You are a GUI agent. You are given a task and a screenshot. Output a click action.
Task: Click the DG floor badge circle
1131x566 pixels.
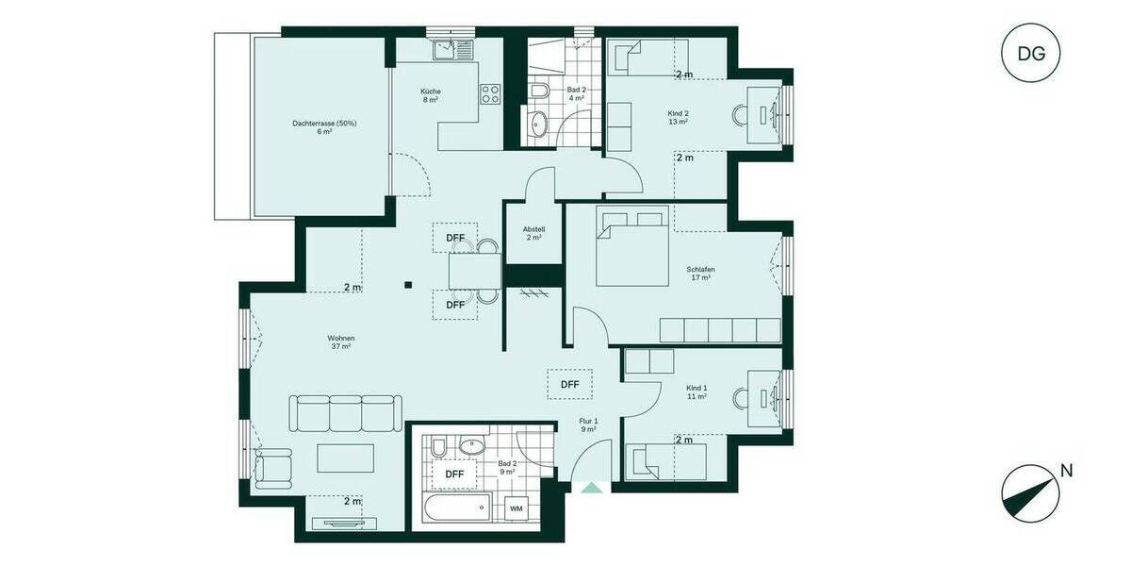click(x=1031, y=53)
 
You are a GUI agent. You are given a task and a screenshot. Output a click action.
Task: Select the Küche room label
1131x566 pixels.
click(x=431, y=95)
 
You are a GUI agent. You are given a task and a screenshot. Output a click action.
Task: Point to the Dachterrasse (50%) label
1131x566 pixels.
click(x=324, y=127)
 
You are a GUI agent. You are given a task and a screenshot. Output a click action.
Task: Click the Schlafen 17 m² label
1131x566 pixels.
click(x=700, y=274)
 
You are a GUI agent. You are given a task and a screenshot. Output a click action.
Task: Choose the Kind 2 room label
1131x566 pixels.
click(x=678, y=117)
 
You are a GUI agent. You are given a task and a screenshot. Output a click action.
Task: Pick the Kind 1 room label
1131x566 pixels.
click(x=697, y=392)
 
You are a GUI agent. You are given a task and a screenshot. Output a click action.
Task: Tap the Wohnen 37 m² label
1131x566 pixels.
click(x=340, y=342)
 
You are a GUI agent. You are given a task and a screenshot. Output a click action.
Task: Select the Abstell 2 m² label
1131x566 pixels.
click(x=534, y=233)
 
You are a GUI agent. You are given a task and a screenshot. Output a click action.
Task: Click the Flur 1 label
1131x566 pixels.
click(x=588, y=424)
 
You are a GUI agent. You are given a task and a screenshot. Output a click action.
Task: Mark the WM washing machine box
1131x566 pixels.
click(x=516, y=508)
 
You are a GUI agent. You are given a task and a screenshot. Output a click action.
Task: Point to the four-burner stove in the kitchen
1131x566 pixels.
click(x=491, y=93)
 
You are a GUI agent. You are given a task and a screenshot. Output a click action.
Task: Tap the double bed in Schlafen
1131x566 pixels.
click(x=631, y=247)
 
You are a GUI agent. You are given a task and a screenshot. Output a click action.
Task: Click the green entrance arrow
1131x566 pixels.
click(x=591, y=488)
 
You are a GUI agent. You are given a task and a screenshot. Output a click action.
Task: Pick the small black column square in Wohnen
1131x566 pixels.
click(x=407, y=283)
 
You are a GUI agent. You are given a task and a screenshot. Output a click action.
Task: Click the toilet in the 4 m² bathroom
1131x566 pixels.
click(x=539, y=91)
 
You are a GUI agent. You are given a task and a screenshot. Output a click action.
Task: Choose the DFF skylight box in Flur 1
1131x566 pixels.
click(x=569, y=384)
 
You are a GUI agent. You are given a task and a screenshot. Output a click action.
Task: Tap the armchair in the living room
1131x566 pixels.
click(x=274, y=467)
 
